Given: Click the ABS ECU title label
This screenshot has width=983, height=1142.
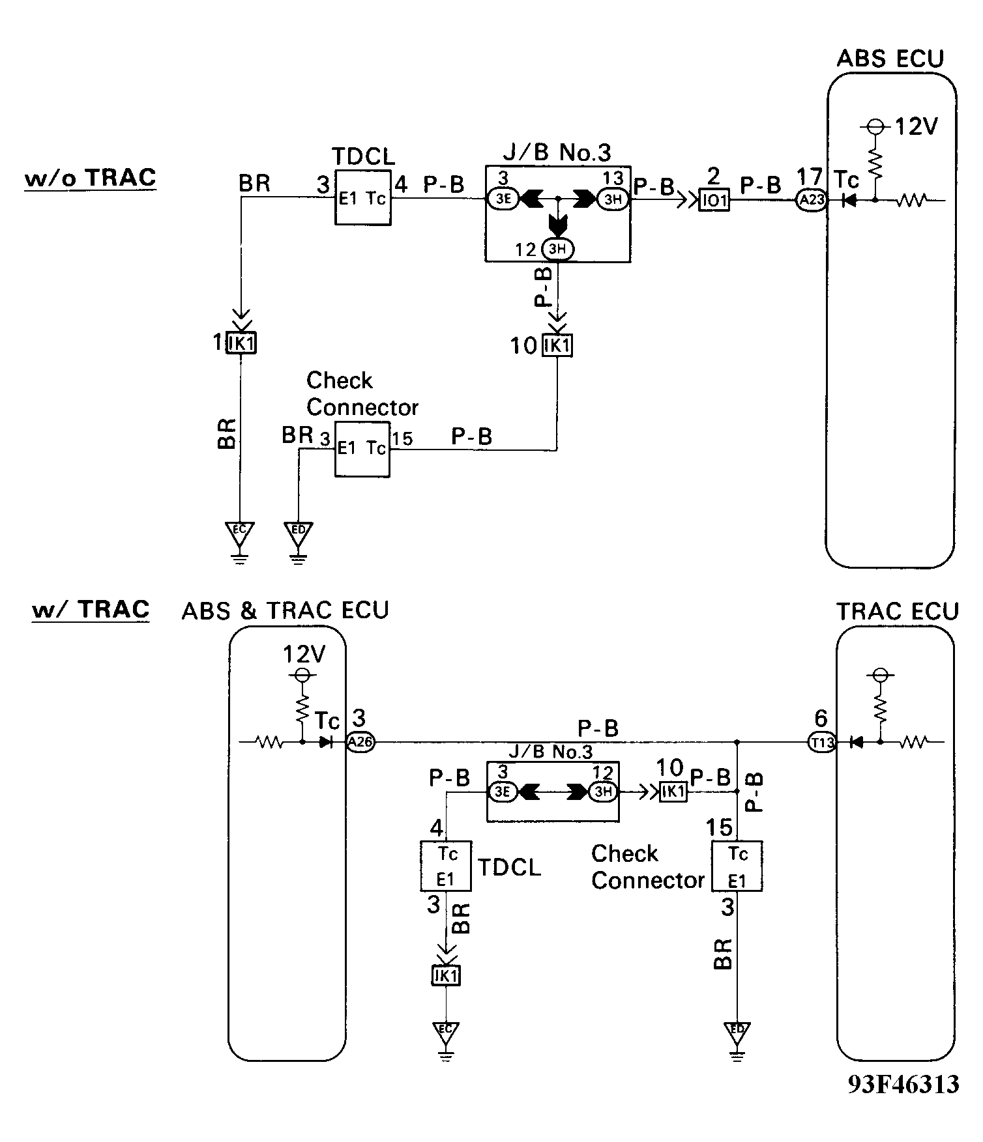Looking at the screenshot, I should point(890,59).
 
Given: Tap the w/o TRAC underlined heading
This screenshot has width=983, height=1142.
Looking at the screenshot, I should point(90,177).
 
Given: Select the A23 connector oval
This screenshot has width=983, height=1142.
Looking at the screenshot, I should point(811,200).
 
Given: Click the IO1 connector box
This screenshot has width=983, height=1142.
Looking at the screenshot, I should point(714,200).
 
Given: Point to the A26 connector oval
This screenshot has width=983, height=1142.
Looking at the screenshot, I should point(360,742).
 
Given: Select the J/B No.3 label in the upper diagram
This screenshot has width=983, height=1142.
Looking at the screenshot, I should point(557,152).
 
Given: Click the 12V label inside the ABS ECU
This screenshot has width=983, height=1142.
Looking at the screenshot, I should point(915,126).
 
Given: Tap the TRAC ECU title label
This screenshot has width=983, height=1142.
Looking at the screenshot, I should point(897,611).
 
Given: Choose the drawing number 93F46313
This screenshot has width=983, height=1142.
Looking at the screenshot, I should point(903,1084).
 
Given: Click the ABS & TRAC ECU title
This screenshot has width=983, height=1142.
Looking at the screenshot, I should point(285,610).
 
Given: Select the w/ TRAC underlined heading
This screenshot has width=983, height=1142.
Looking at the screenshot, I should point(91,609).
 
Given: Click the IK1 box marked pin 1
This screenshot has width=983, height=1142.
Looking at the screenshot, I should point(241,343).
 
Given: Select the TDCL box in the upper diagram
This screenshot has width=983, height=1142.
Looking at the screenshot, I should point(363,198).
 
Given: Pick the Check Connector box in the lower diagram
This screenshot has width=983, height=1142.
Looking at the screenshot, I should point(737,866).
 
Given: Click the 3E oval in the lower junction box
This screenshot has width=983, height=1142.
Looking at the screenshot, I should point(503,792).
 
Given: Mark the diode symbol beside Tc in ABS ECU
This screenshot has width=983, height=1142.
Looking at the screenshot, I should point(848,201).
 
